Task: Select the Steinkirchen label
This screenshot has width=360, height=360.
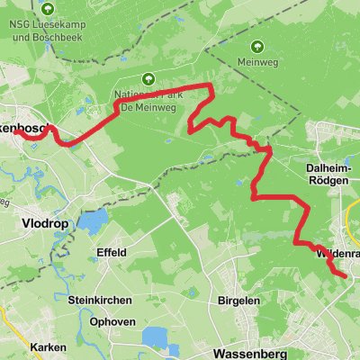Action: click(x=100, y=299)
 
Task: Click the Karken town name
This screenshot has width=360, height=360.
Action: click(x=46, y=346)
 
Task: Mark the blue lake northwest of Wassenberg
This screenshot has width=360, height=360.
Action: click(x=158, y=337)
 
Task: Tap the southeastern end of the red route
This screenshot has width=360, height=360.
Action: click(x=345, y=276)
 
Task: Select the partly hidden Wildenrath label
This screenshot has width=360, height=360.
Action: click(x=337, y=255)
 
